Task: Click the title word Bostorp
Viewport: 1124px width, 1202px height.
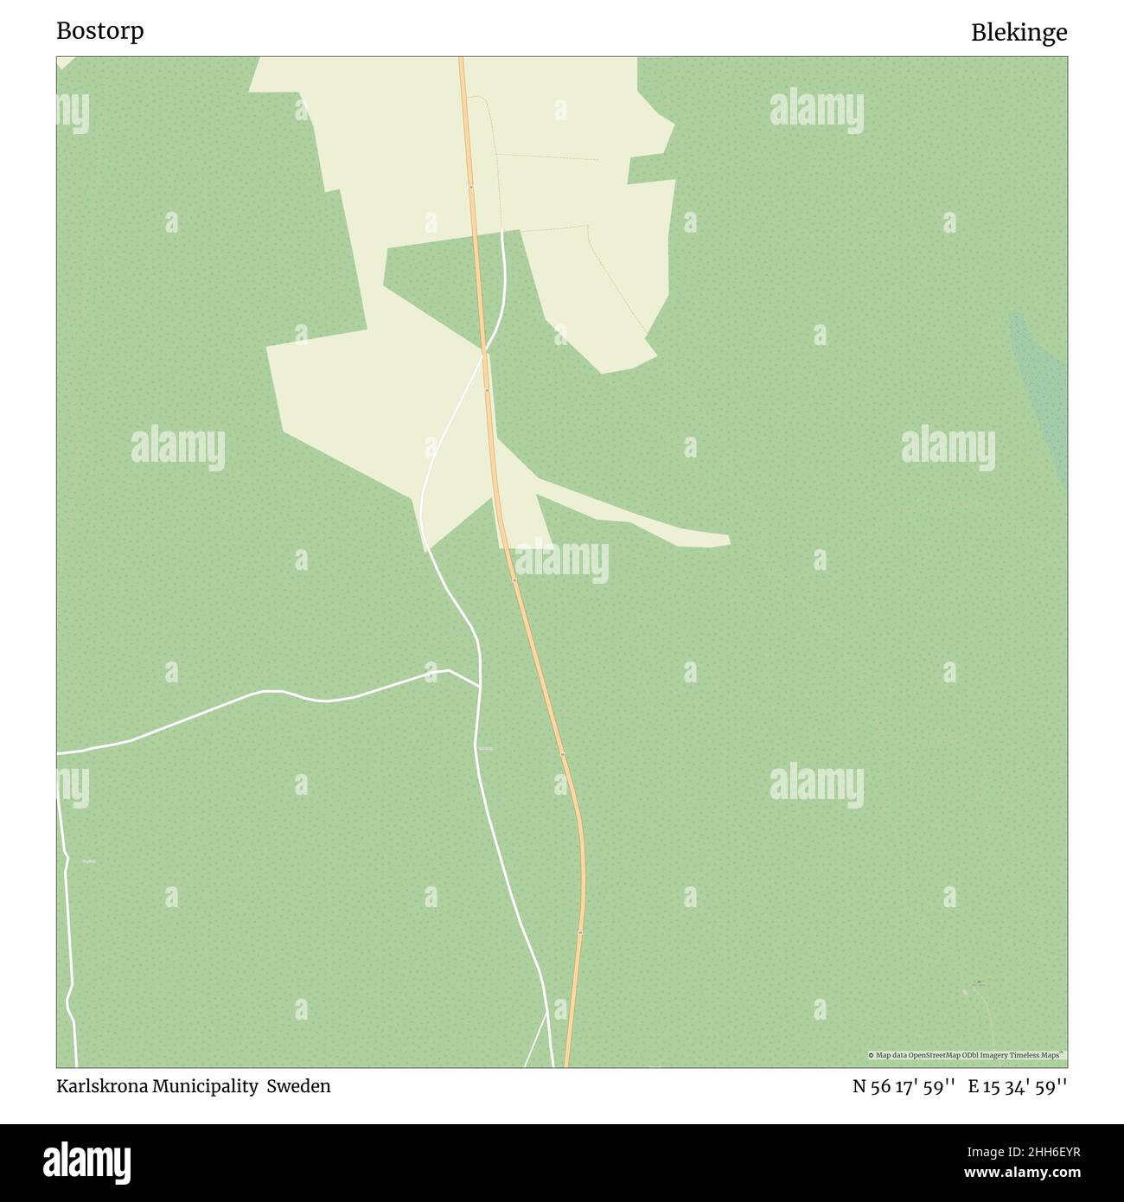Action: pos(100,31)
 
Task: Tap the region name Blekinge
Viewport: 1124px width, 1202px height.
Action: pos(1019,33)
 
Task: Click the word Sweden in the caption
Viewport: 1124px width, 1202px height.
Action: pos(298,1086)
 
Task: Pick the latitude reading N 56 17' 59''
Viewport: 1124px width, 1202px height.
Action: pos(903,1086)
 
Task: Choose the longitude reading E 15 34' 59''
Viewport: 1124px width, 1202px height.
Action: pos(1018,1086)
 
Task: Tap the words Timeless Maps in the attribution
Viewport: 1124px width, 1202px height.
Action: pos(1037,1055)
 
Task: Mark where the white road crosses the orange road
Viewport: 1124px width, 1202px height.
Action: pos(484,352)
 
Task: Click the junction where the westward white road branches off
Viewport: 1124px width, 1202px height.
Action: pos(480,687)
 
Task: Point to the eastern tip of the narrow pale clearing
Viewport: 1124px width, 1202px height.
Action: pos(729,541)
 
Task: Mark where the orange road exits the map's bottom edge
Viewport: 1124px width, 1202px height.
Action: pos(566,1065)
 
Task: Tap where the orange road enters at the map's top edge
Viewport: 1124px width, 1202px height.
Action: pos(461,59)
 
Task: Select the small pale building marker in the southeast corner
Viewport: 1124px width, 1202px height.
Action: pos(966,993)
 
